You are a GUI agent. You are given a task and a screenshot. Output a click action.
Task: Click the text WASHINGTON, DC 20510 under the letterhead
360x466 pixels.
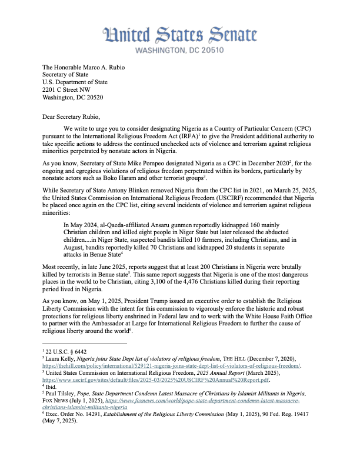(180, 51)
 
